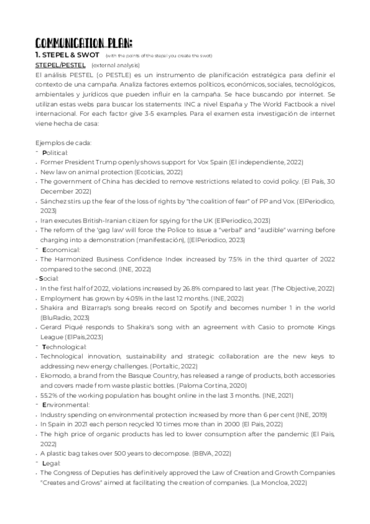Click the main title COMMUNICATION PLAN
tap(83, 43)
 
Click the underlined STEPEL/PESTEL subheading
tap(60, 65)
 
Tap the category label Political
tap(56, 152)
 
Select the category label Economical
tap(61, 250)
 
